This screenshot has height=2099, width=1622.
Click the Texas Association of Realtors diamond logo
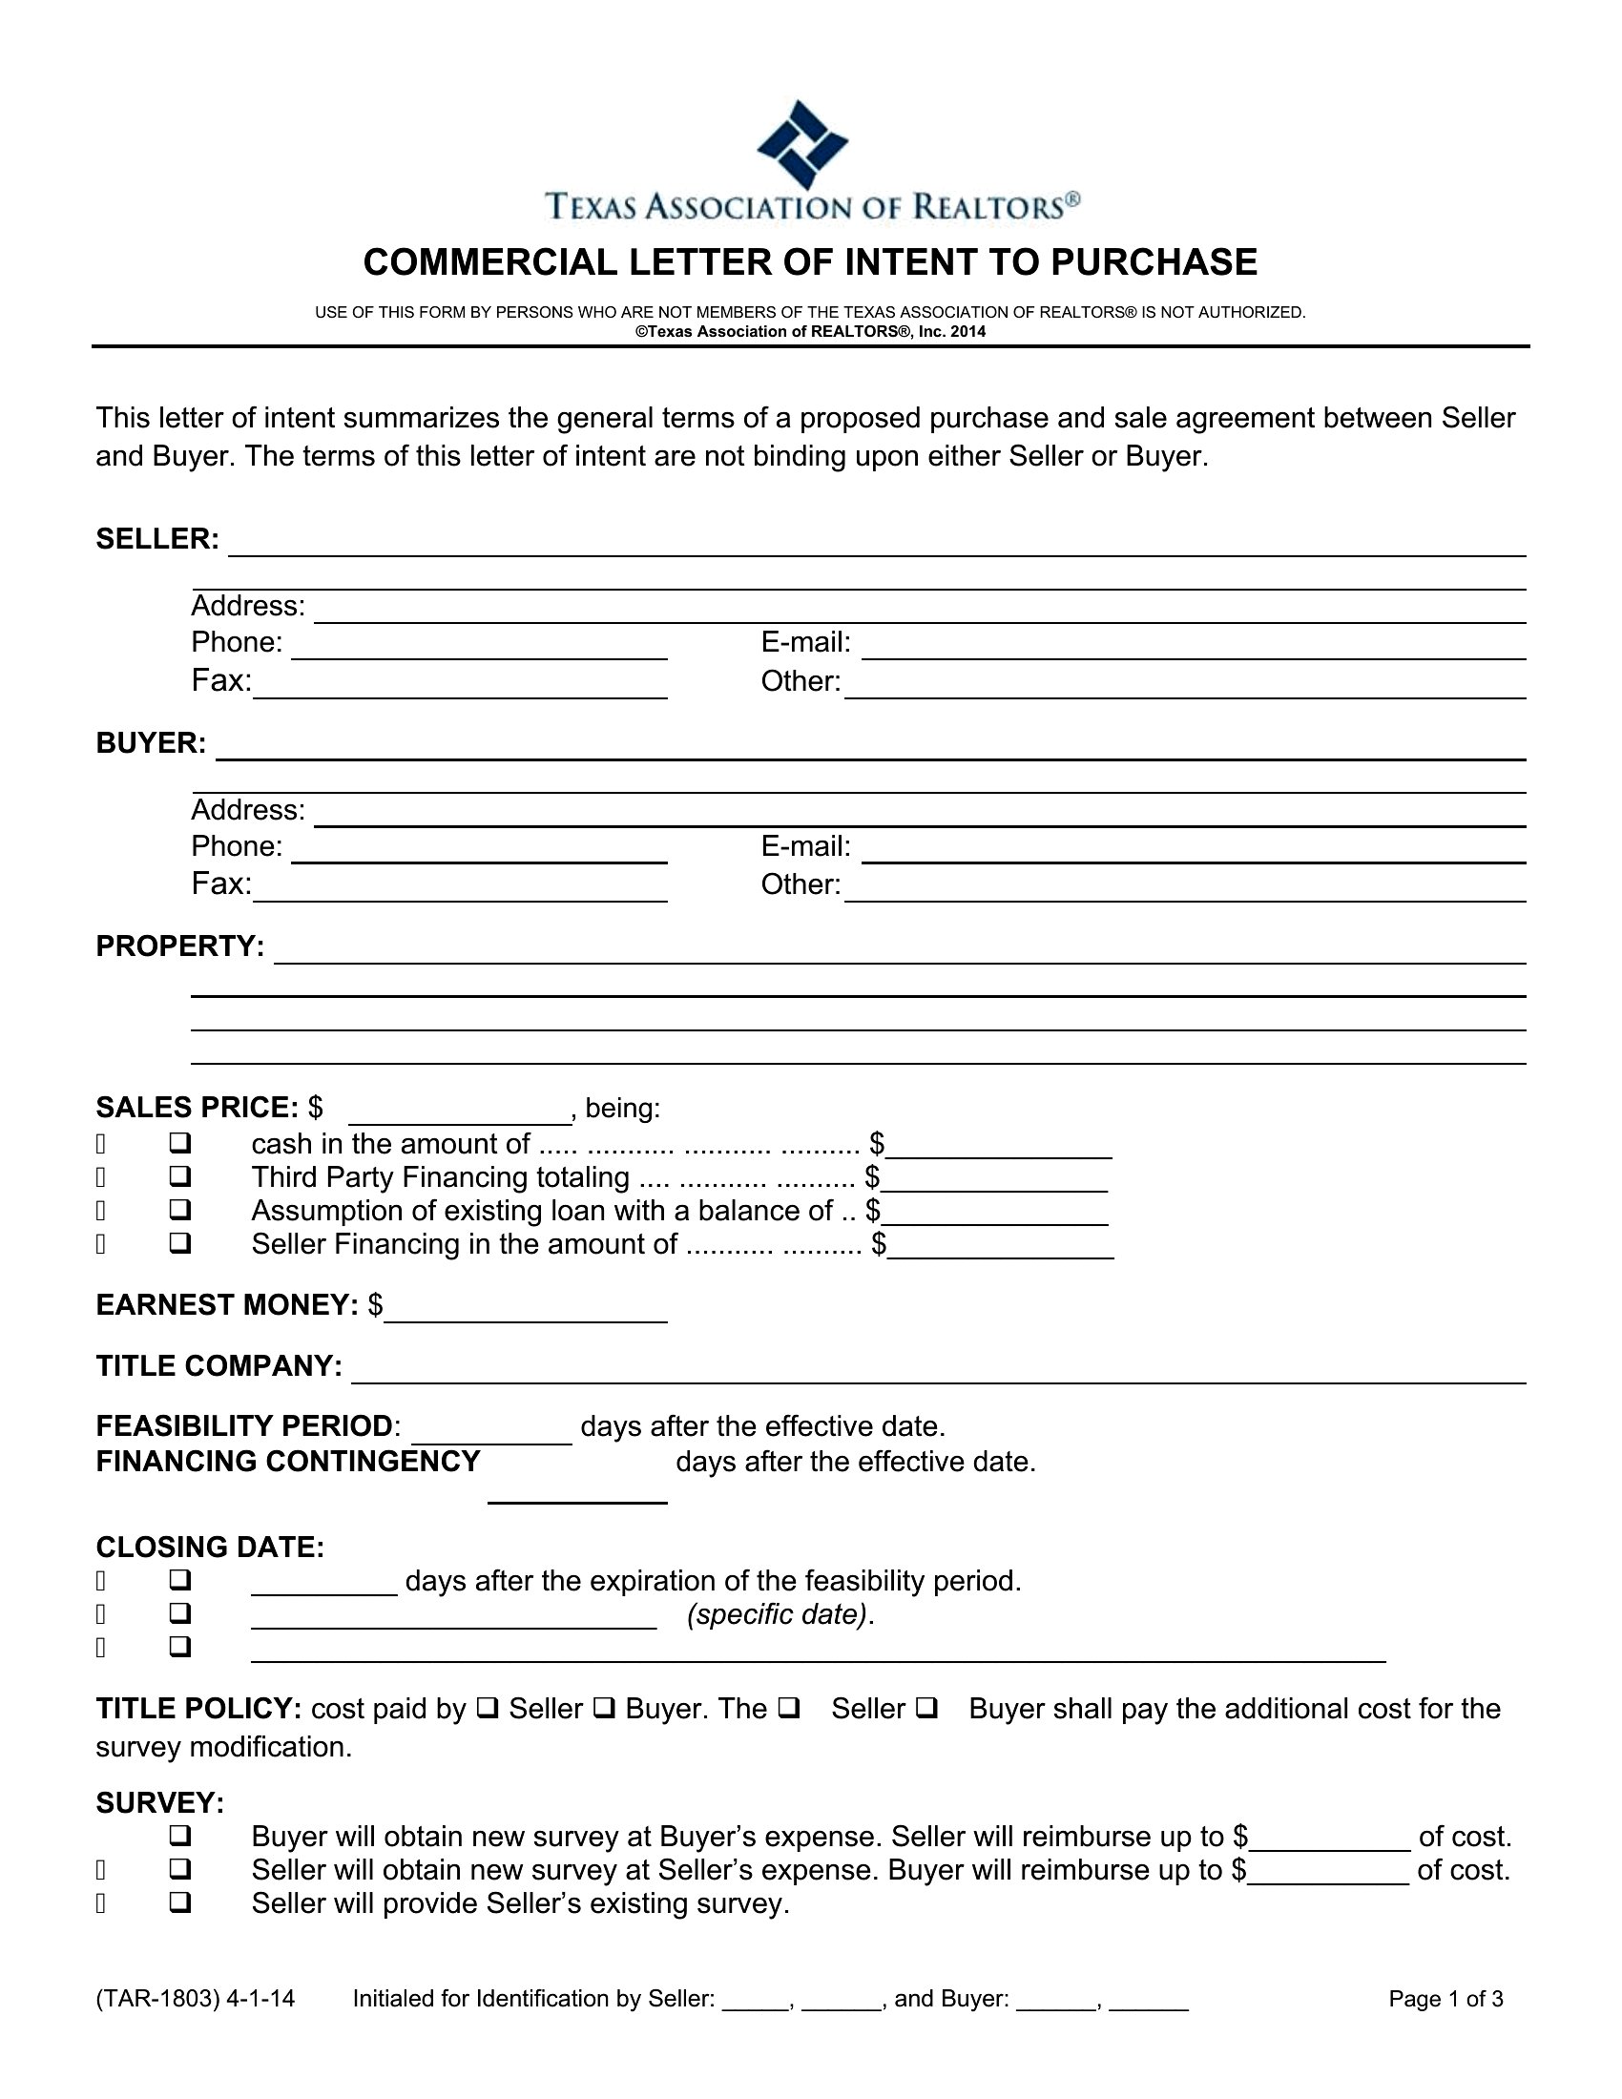(802, 144)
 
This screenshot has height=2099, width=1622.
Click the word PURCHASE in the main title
(1154, 262)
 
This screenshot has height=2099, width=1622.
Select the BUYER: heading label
(151, 743)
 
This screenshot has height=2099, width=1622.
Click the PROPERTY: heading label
(179, 946)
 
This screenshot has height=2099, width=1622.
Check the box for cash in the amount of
(179, 1144)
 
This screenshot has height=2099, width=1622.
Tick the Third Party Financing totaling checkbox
(179, 1177)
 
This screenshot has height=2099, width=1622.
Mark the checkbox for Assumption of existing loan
(179, 1210)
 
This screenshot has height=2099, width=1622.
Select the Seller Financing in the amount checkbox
(179, 1243)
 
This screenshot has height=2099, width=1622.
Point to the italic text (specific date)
(780, 1614)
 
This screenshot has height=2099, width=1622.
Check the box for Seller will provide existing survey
(179, 1903)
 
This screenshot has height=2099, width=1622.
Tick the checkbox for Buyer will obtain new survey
(179, 1837)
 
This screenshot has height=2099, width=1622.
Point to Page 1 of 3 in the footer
(1445, 1999)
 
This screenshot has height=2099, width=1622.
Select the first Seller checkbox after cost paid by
(488, 1709)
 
